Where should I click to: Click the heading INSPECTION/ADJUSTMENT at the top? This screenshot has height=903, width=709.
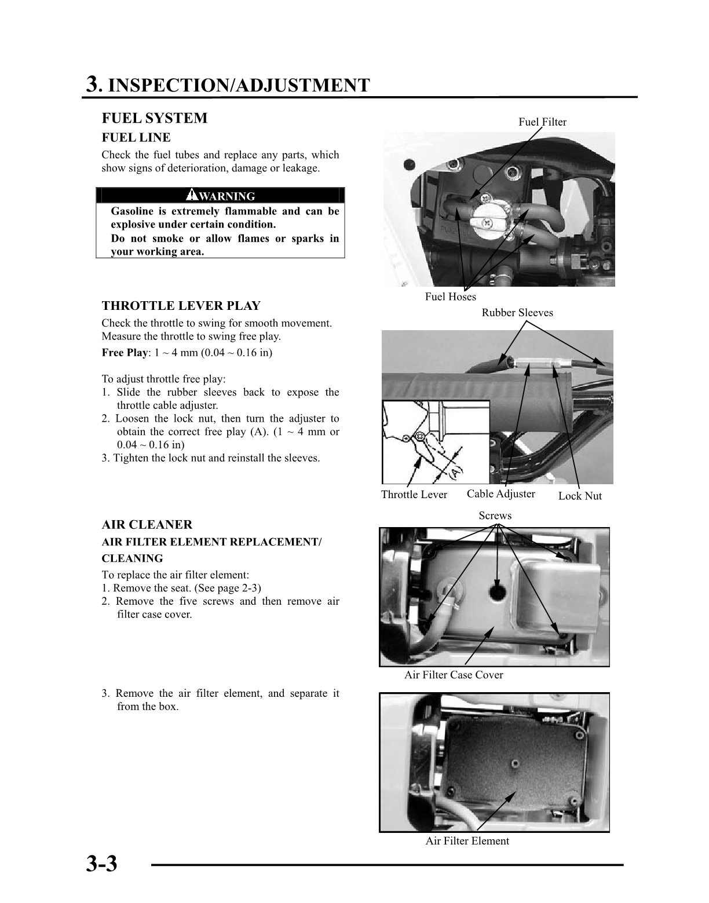239,85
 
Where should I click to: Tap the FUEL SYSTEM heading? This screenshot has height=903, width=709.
154,118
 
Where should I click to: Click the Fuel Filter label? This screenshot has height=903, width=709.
542,122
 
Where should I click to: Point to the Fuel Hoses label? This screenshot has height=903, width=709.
450,297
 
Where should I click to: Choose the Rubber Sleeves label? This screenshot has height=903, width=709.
517,313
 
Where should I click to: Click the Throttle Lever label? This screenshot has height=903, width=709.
414,495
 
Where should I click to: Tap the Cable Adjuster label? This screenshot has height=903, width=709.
500,493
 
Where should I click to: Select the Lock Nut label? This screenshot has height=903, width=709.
580,496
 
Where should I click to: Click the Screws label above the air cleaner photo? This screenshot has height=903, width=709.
495,516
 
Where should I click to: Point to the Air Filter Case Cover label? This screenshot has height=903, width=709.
454,675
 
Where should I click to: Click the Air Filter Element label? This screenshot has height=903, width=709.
467,841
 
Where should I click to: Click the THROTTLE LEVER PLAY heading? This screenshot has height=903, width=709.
181,306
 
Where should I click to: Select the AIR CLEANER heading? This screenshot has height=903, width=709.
147,525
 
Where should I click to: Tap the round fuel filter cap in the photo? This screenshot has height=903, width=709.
486,215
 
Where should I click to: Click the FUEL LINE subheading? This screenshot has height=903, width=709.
136,138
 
